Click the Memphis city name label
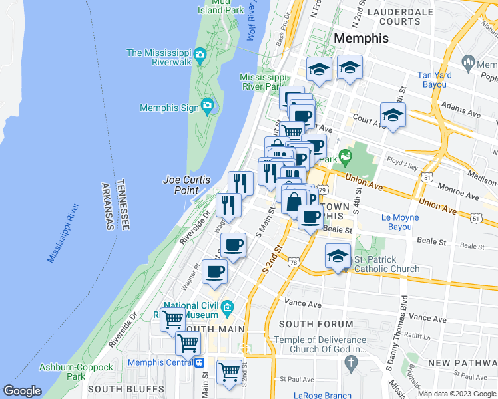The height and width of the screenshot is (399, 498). click(361, 38)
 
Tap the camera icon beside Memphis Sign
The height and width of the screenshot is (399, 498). click(207, 106)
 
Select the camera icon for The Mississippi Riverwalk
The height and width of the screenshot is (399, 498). click(200, 54)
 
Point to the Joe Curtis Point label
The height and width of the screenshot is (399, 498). click(186, 185)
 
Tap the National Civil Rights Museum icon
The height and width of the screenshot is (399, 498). click(228, 307)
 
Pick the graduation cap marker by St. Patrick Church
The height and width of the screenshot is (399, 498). click(338, 256)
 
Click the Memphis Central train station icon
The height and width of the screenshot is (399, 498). click(199, 362)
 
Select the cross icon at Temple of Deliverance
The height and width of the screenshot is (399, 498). click(352, 362)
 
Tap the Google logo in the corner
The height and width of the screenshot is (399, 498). click(22, 391)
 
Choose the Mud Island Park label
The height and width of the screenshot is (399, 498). click(220, 6)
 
